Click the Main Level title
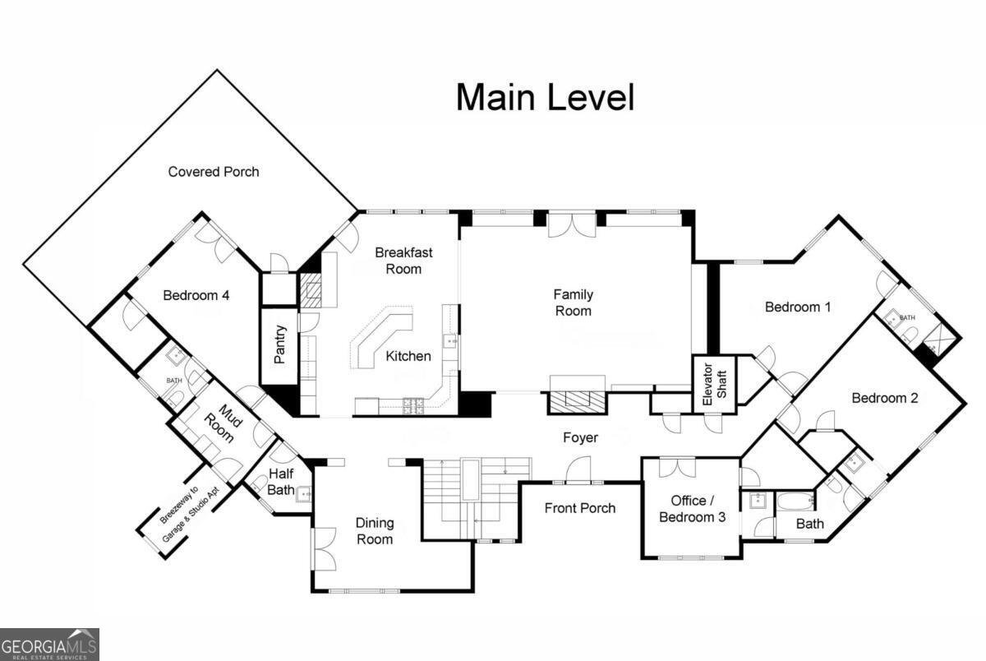tap(545, 97)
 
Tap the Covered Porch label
tap(214, 172)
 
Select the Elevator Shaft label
tap(714, 384)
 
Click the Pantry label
tap(279, 344)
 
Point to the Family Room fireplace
tap(577, 400)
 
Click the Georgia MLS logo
tap(49, 645)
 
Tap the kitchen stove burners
tap(413, 405)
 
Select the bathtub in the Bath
tap(796, 502)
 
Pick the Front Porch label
tap(580, 508)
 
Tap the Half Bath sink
tap(304, 494)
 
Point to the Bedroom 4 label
tap(196, 295)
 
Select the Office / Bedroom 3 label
tap(692, 509)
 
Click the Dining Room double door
tap(324, 548)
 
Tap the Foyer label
tap(580, 437)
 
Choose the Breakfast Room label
tap(403, 261)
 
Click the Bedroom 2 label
tap(885, 398)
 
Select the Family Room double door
tap(572, 225)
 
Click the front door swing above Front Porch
tap(578, 470)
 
